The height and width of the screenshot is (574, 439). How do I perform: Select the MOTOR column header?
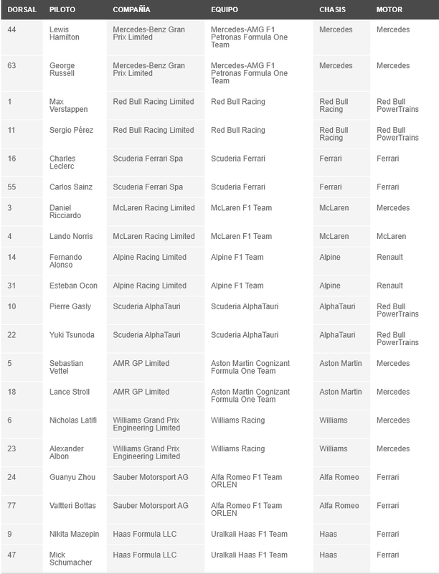pyautogui.click(x=390, y=11)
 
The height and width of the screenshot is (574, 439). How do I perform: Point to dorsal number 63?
pyautogui.click(x=12, y=66)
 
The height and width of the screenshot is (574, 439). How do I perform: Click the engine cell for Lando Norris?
pyautogui.click(x=391, y=236)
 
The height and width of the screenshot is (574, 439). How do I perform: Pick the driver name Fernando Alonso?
pyautogui.click(x=66, y=261)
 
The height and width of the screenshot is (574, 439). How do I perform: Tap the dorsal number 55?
pyautogui.click(x=12, y=187)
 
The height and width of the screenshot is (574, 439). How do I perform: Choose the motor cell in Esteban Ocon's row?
pyautogui.click(x=390, y=286)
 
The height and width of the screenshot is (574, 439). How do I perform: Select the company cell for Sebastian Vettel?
pyautogui.click(x=141, y=364)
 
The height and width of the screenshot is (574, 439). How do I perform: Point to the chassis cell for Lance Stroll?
pyautogui.click(x=340, y=392)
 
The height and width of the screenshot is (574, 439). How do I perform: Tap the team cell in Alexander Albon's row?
pyautogui.click(x=237, y=449)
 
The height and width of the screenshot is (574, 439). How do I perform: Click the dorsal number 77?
pyautogui.click(x=12, y=506)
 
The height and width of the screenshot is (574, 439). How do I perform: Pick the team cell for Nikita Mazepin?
pyautogui.click(x=249, y=534)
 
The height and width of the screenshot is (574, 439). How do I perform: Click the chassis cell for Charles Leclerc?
pyautogui.click(x=330, y=159)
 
